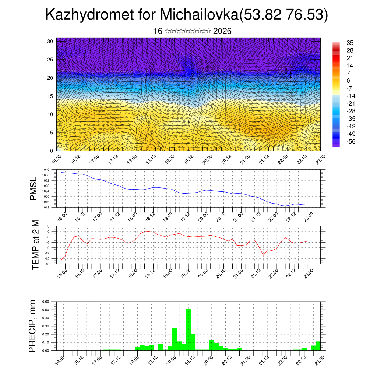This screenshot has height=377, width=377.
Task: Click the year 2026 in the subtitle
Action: (x=222, y=31)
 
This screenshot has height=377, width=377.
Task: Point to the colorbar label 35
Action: (x=350, y=43)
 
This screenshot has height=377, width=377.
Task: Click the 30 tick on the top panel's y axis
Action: (x=50, y=41)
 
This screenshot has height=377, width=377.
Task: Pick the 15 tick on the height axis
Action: (x=50, y=96)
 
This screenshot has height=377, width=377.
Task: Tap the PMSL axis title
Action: (x=34, y=188)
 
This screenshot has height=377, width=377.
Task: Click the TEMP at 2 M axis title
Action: (x=35, y=245)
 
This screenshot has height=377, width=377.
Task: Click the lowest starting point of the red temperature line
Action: (x=61, y=260)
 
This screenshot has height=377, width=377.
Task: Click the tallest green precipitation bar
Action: (x=188, y=330)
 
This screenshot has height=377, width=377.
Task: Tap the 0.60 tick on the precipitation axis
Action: (x=45, y=302)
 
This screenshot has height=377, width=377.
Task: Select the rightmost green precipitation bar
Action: (x=318, y=346)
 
